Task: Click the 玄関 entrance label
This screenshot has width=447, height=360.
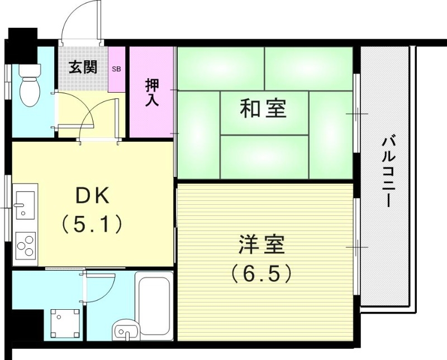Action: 83,68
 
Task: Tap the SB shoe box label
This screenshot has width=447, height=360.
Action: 116,69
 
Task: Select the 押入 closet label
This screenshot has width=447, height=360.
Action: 152,93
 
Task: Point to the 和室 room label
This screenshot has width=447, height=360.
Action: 263,108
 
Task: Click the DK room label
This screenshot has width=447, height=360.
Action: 93,196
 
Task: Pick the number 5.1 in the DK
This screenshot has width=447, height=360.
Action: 92,224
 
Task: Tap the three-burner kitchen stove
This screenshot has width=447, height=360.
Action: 25,244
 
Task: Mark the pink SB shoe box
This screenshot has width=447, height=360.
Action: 116,70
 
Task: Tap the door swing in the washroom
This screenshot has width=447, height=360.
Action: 99,286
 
